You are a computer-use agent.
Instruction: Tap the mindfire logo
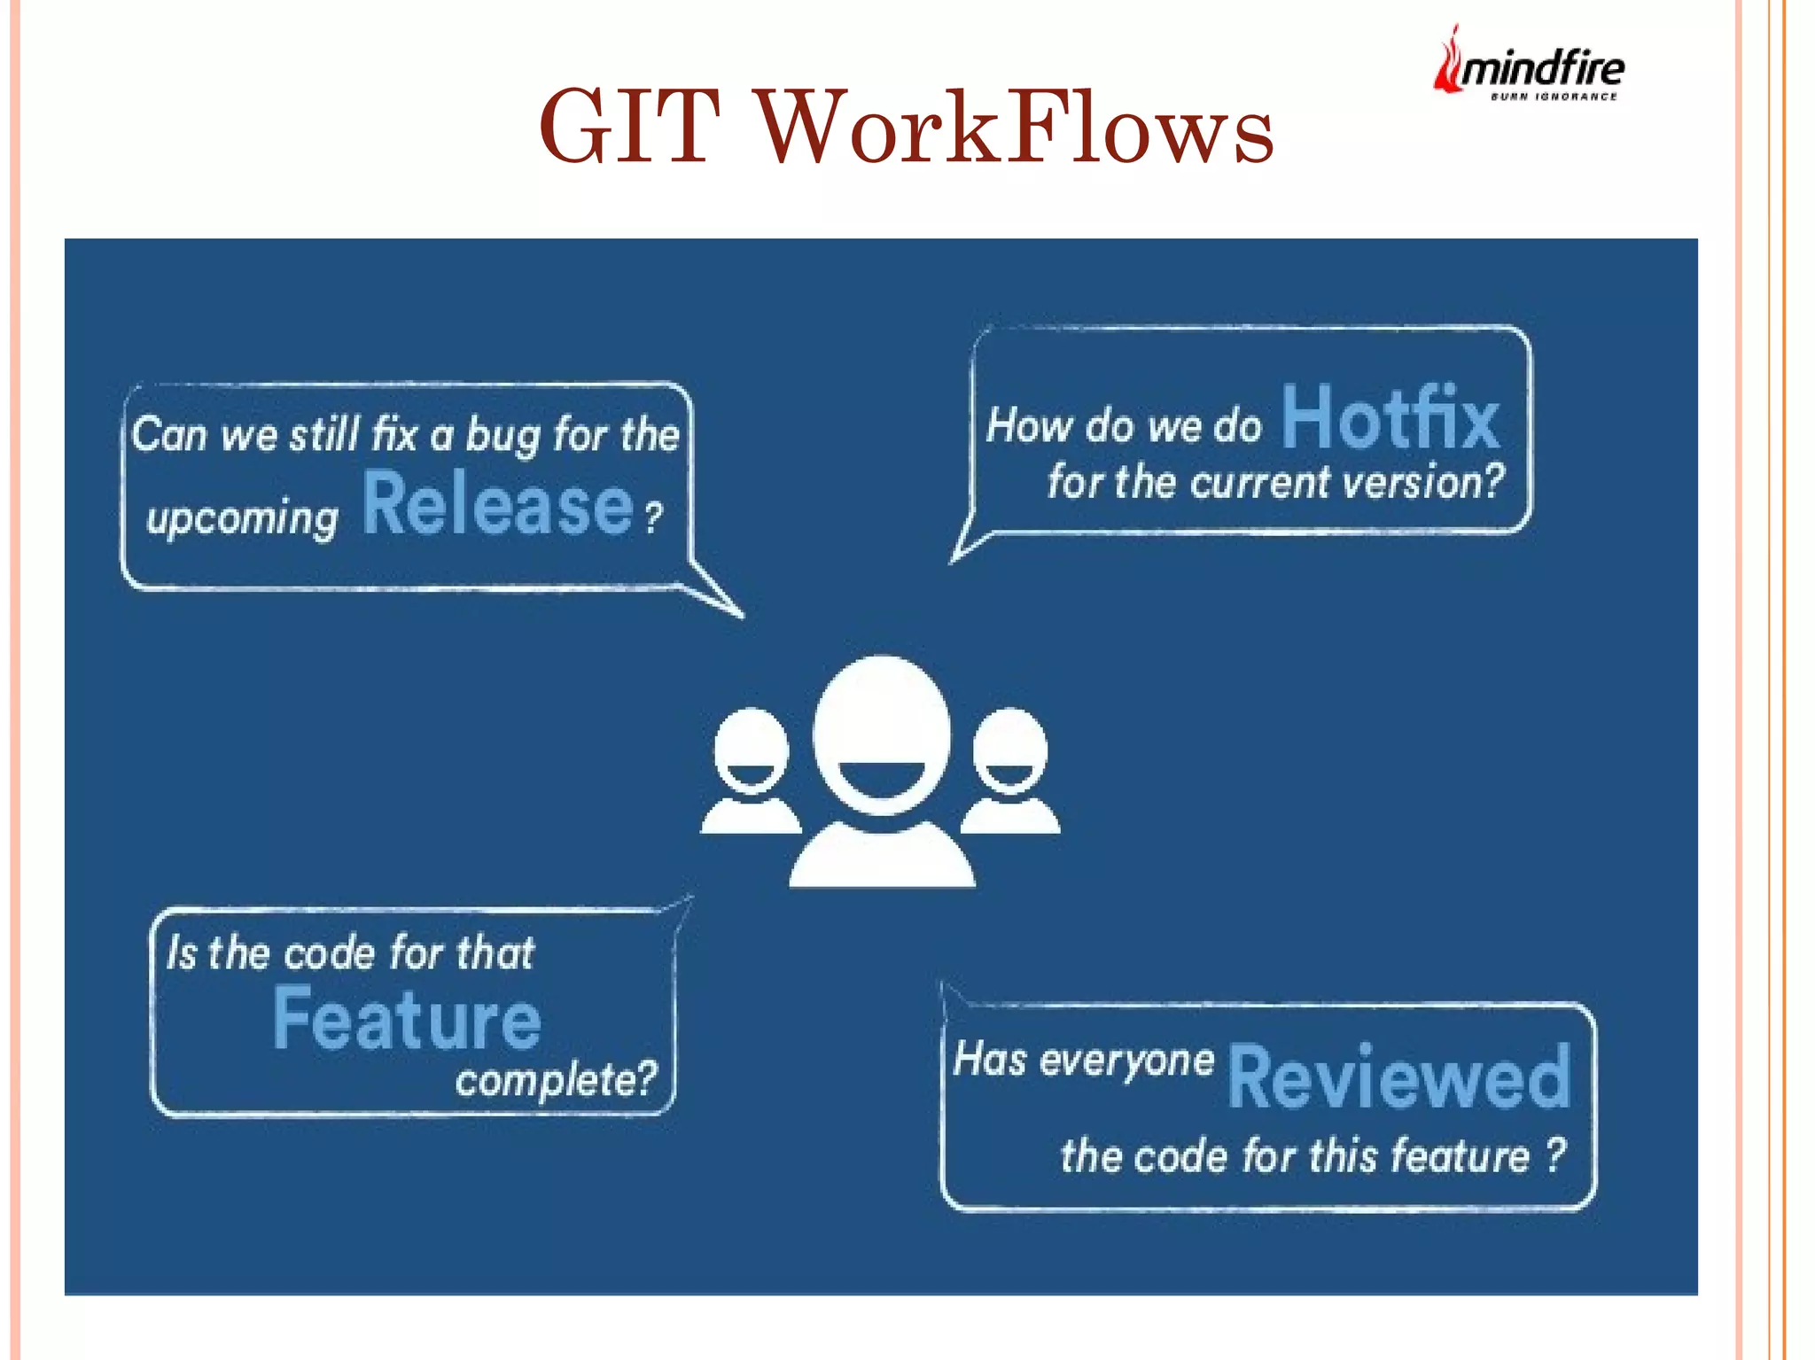pyautogui.click(x=1529, y=66)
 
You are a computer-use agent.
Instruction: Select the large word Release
pyautogui.click(x=498, y=505)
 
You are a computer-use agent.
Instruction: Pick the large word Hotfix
pyautogui.click(x=1390, y=418)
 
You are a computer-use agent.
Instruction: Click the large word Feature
pyautogui.click(x=407, y=1021)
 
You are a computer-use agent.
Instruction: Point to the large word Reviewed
pyautogui.click(x=1398, y=1077)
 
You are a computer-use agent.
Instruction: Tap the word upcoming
pyautogui.click(x=242, y=518)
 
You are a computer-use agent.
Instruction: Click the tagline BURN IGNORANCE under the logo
pyautogui.click(x=1553, y=97)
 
